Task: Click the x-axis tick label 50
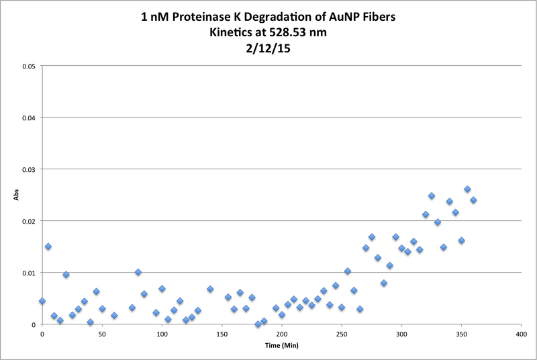pyautogui.click(x=102, y=334)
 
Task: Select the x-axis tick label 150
pyautogui.click(x=222, y=334)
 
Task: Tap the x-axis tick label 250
pyautogui.click(x=342, y=334)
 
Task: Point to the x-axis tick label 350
pyautogui.click(x=461, y=334)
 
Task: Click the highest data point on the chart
pyautogui.click(x=467, y=189)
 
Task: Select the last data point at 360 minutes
pyautogui.click(x=473, y=199)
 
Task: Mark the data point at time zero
pyautogui.click(x=42, y=301)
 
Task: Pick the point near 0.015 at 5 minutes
pyautogui.click(x=48, y=246)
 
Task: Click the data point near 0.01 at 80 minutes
pyautogui.click(x=138, y=272)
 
